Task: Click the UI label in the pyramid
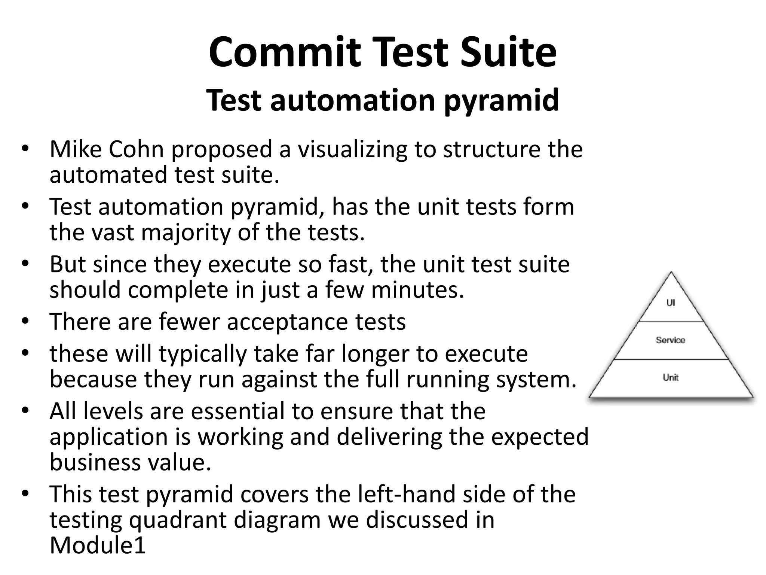[671, 302]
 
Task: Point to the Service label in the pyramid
[671, 340]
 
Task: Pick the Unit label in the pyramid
[671, 377]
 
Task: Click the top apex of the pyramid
[671, 273]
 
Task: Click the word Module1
[98, 545]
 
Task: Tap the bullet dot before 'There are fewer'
[25, 322]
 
